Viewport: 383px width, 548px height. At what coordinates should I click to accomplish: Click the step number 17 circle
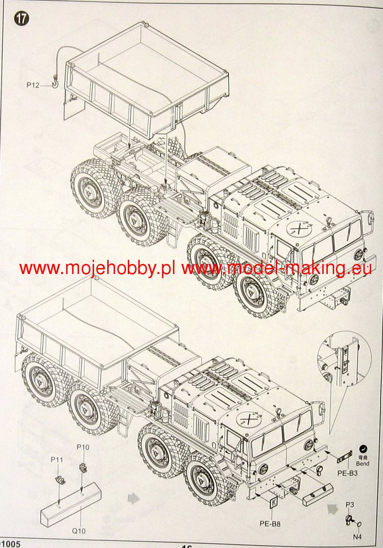pyautogui.click(x=21, y=19)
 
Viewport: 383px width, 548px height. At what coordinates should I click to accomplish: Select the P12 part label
pyautogui.click(x=33, y=84)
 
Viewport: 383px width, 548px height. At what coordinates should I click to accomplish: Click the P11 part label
pyautogui.click(x=57, y=460)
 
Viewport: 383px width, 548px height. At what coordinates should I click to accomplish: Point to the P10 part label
pyautogui.click(x=83, y=447)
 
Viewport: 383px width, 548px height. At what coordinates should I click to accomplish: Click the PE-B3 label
pyautogui.click(x=348, y=473)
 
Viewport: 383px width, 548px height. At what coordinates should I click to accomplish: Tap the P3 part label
pyautogui.click(x=350, y=504)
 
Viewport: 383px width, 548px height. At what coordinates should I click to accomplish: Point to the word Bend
pyautogui.click(x=363, y=464)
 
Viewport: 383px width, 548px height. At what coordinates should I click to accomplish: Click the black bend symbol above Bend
pyautogui.click(x=363, y=449)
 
